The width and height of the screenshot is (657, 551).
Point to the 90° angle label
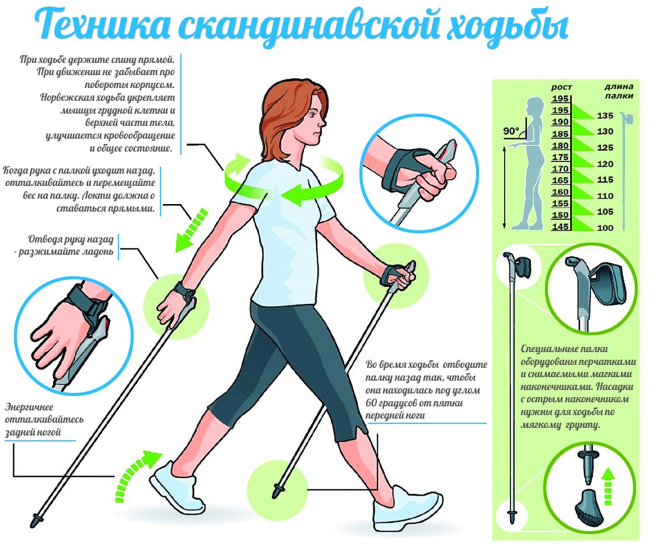(x=511, y=132)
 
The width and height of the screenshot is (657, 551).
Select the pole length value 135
(x=605, y=115)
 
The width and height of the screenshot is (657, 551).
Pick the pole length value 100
(x=605, y=228)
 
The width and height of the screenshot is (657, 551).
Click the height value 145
(x=560, y=226)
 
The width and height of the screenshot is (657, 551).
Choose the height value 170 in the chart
(x=560, y=169)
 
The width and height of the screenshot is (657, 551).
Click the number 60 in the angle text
(x=372, y=403)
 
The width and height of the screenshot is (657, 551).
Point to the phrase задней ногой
(x=33, y=433)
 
